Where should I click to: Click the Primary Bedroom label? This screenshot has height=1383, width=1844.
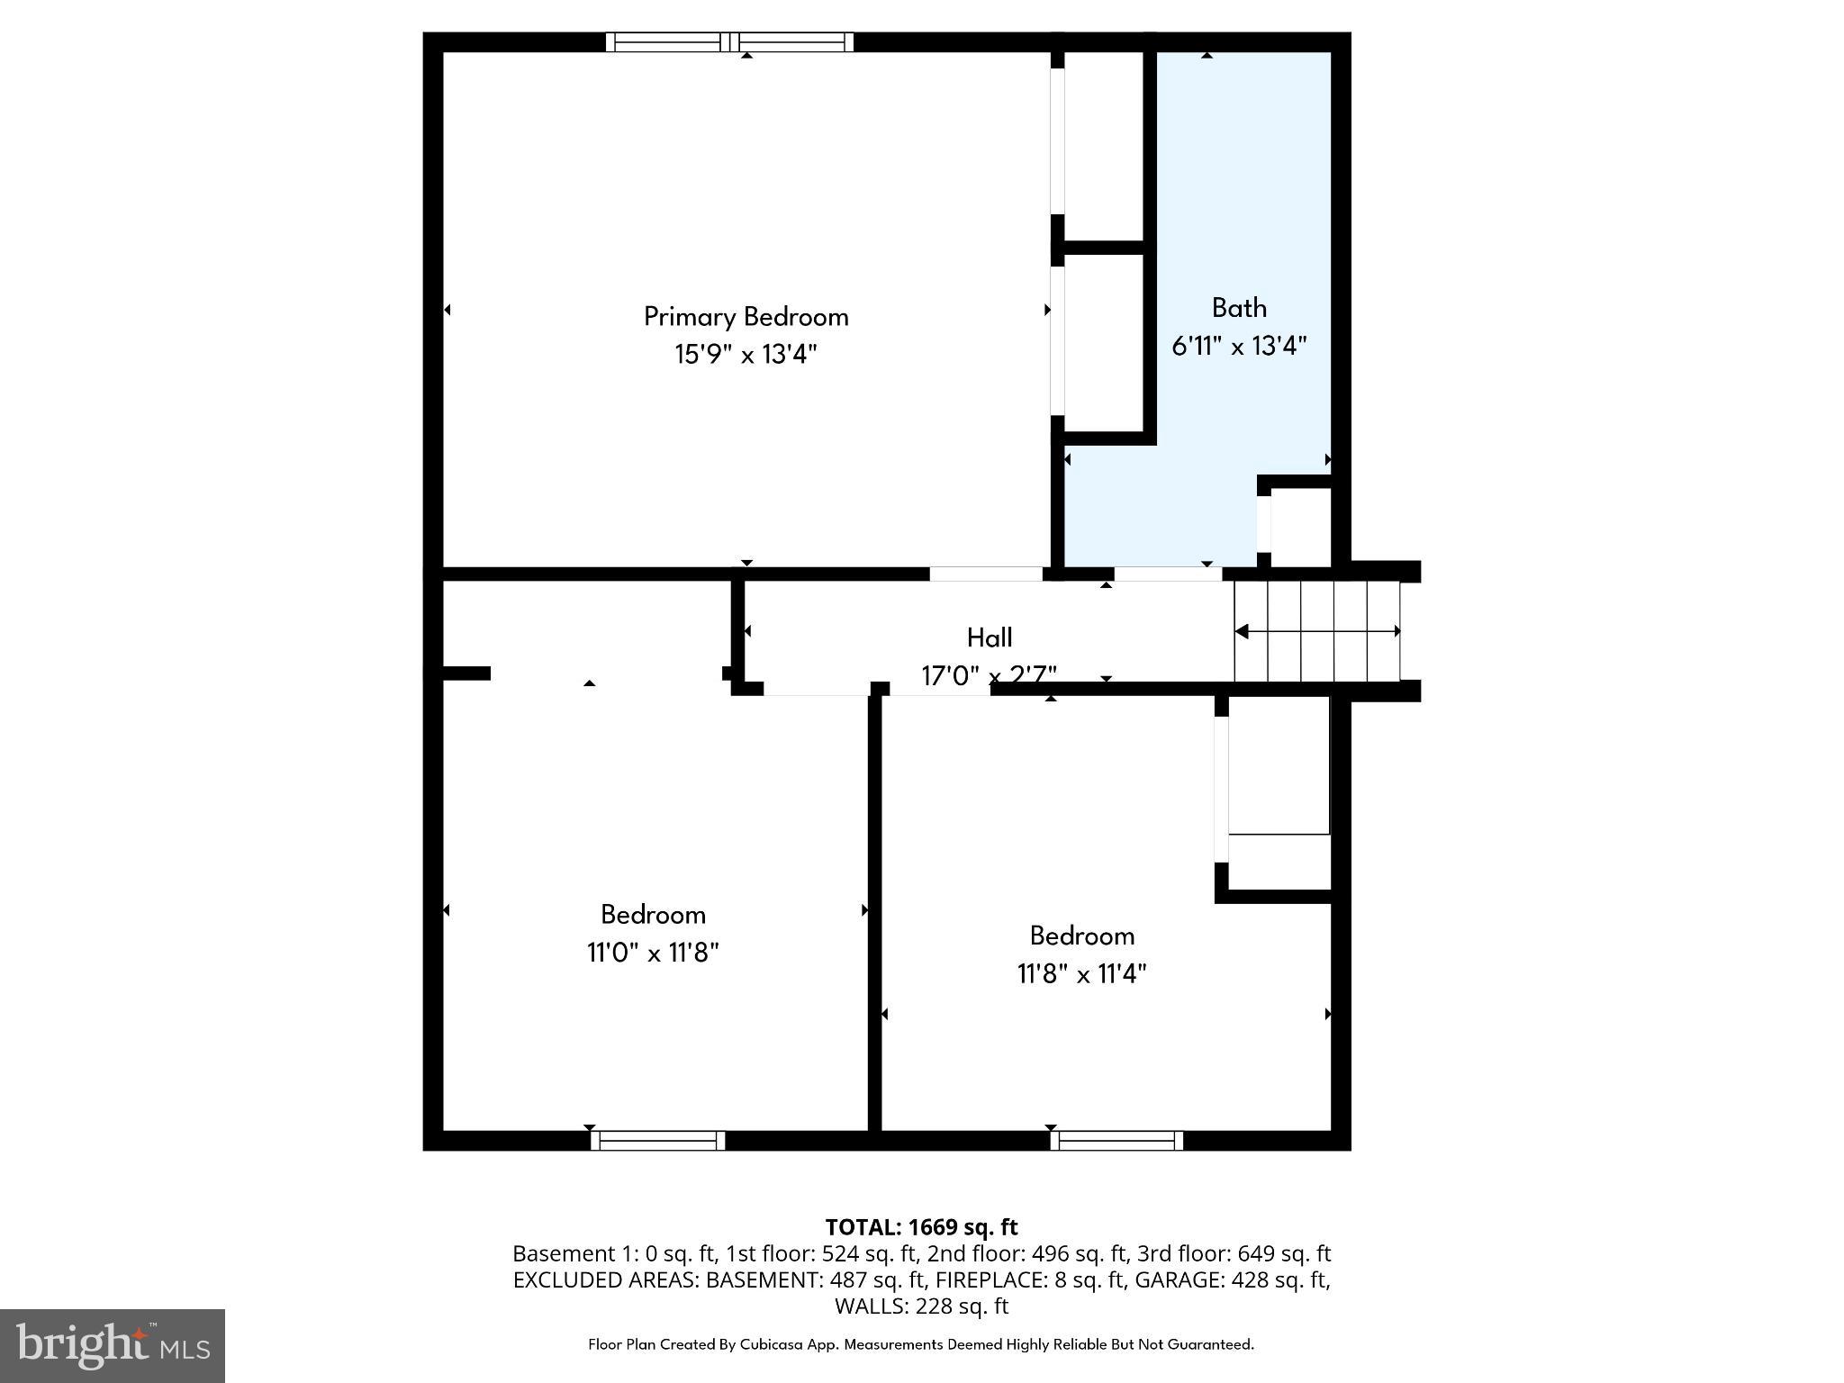[746, 317]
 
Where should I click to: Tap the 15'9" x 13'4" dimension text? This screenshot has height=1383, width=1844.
[746, 355]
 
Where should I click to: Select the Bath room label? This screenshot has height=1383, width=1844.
[1239, 308]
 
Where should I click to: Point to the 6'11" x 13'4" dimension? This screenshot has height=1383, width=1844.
[1239, 346]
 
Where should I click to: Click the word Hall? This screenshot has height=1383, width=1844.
[990, 637]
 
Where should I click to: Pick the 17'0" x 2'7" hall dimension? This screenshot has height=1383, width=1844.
[990, 675]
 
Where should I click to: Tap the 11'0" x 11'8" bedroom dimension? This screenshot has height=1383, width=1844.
[653, 953]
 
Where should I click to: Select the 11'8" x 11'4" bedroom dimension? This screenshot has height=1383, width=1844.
[1081, 973]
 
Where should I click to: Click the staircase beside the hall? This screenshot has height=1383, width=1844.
[1316, 631]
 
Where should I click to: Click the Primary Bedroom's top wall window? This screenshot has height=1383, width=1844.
[729, 41]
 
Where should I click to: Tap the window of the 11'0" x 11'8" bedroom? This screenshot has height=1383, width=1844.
[658, 1141]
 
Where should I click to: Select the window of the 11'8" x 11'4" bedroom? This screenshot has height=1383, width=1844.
[1116, 1141]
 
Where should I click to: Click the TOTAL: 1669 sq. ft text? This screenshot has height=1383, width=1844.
[921, 1227]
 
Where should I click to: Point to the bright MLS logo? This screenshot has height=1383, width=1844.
[113, 1345]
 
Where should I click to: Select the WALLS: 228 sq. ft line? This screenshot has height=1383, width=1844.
[921, 1306]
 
